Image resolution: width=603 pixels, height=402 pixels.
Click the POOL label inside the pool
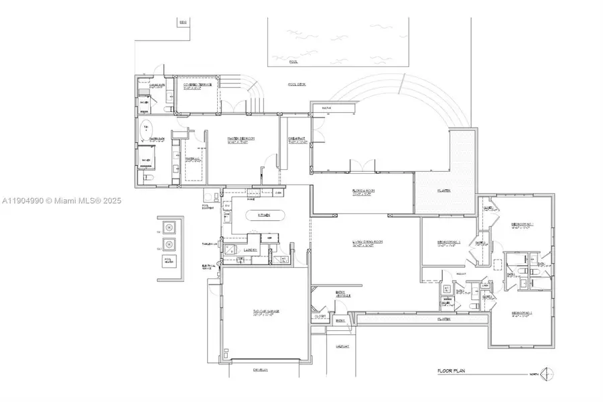(293, 61)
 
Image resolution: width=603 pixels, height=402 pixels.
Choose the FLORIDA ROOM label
(362, 191)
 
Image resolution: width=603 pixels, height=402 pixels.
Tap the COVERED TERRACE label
(198, 85)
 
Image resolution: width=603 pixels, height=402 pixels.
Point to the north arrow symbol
(549, 373)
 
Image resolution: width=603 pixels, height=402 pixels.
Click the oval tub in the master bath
(146, 130)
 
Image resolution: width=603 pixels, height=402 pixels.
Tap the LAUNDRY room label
(251, 249)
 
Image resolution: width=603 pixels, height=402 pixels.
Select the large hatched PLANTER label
(444, 191)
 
